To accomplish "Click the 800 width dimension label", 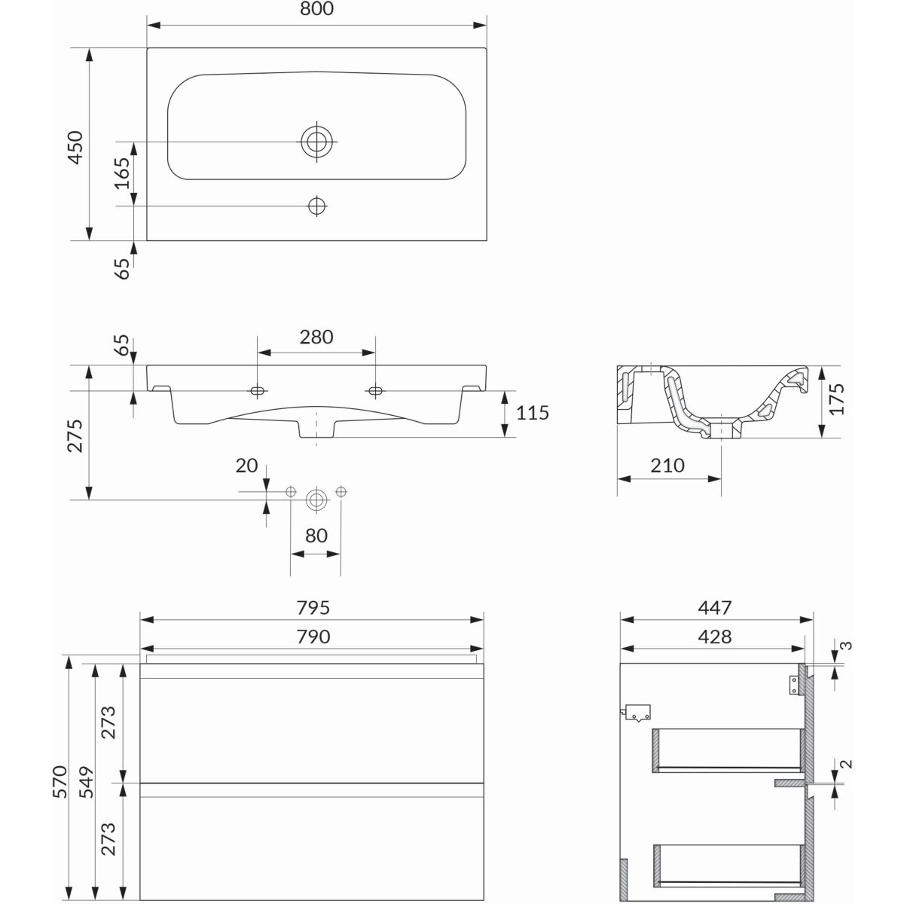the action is (316, 9).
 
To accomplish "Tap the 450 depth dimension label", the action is (75, 148).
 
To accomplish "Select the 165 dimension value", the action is (122, 173).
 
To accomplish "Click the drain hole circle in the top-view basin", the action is (316, 141).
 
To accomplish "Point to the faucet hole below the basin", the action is (317, 206).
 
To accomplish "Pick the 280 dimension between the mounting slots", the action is (316, 337).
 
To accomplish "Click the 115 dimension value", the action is (533, 413).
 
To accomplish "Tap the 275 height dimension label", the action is (75, 436).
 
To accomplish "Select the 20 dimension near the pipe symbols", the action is (247, 466).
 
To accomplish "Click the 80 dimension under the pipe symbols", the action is (316, 536).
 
